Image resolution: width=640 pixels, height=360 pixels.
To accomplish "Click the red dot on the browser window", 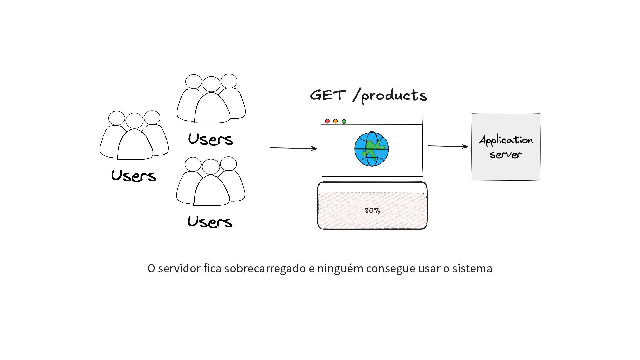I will point(327,121).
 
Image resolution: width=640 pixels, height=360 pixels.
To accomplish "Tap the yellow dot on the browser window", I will point(336,121).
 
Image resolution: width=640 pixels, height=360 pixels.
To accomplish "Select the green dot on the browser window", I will point(344,122).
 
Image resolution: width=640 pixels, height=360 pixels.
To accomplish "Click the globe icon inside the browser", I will point(372,149).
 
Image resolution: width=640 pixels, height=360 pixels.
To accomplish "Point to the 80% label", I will point(372,211).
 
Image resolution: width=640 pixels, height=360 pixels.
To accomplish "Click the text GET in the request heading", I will point(328,95).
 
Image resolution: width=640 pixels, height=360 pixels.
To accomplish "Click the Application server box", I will point(506,147).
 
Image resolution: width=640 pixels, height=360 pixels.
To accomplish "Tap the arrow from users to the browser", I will point(293,148).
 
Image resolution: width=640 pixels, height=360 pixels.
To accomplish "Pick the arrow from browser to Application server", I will point(448,146).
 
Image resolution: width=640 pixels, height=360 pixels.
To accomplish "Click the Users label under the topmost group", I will point(210,139).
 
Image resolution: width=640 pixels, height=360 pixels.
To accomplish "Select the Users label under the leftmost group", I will point(134,176).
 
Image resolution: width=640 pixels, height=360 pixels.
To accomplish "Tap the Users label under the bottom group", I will point(210,222).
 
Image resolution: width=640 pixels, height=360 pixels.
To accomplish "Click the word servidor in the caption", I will point(179,268).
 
